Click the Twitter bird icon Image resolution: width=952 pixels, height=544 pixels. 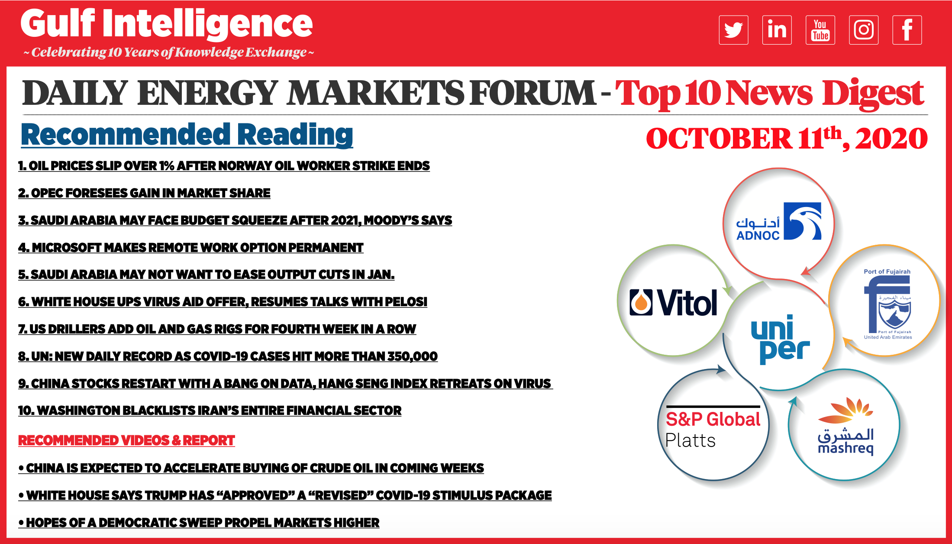pyautogui.click(x=733, y=30)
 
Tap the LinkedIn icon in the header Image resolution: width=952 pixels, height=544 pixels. pyautogui.click(x=777, y=30)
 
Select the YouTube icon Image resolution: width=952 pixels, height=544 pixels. pyautogui.click(x=820, y=30)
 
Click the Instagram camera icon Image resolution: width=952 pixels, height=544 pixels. pyautogui.click(x=864, y=30)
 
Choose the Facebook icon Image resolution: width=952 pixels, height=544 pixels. pyautogui.click(x=907, y=30)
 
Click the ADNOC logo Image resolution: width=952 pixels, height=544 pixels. pyautogui.click(x=779, y=221)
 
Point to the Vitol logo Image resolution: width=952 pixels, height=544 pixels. pyautogui.click(x=674, y=302)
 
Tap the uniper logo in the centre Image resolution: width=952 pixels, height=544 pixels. pyautogui.click(x=780, y=340)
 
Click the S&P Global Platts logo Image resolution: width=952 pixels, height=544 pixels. pyautogui.click(x=713, y=427)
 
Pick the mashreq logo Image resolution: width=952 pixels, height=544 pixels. pyautogui.click(x=846, y=426)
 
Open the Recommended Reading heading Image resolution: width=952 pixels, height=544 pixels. pyautogui.click(x=187, y=135)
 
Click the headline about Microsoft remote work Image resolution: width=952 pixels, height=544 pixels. pyautogui.click(x=191, y=248)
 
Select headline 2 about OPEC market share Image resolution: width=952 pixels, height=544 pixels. pyautogui.click(x=144, y=193)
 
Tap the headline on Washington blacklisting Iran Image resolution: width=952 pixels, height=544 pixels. pyautogui.click(x=210, y=411)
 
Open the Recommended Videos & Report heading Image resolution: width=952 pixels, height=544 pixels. pyautogui.click(x=126, y=440)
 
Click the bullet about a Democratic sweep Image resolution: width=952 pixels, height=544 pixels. pyautogui.click(x=199, y=523)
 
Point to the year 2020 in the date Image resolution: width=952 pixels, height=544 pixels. pyautogui.click(x=891, y=139)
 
